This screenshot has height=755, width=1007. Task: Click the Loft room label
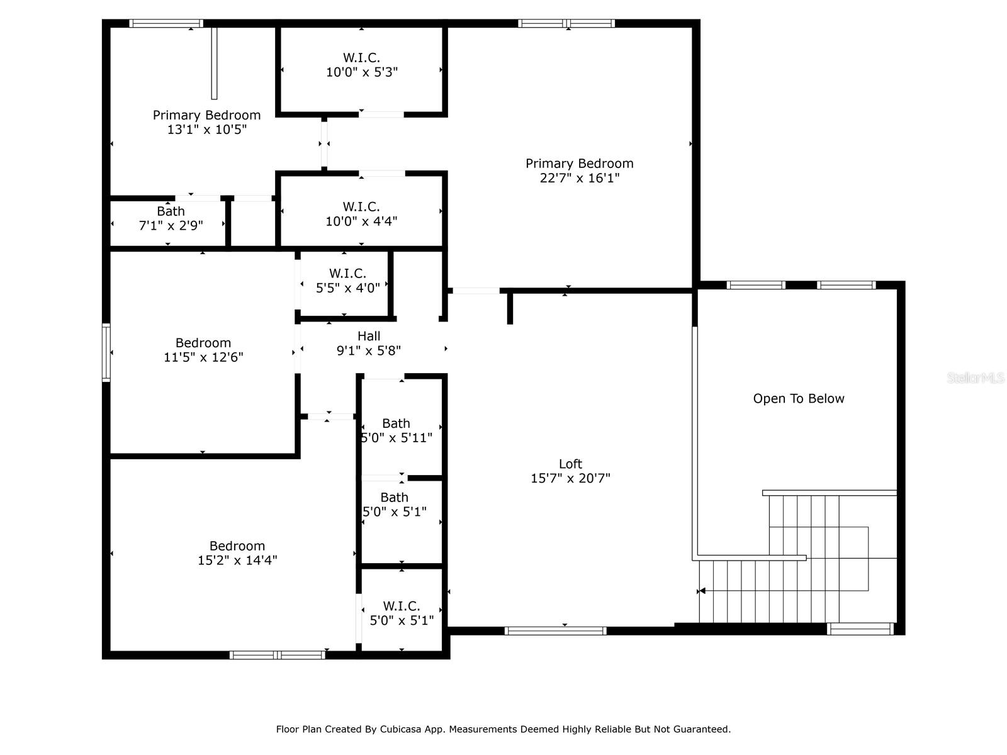click(x=570, y=464)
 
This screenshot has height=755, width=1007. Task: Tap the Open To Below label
click(x=798, y=399)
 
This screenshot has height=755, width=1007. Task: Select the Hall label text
click(x=369, y=336)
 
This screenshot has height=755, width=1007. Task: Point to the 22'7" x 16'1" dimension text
click(x=580, y=178)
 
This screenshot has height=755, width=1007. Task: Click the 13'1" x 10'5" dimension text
click(x=207, y=129)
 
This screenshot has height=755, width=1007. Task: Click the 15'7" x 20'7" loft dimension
click(x=570, y=479)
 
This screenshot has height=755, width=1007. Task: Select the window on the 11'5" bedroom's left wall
click(x=106, y=352)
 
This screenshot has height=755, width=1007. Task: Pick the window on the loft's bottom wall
click(x=556, y=631)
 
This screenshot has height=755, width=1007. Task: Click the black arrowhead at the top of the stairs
click(x=702, y=591)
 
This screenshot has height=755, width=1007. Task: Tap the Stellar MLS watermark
click(x=976, y=378)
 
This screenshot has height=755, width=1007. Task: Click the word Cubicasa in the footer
click(x=400, y=729)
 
